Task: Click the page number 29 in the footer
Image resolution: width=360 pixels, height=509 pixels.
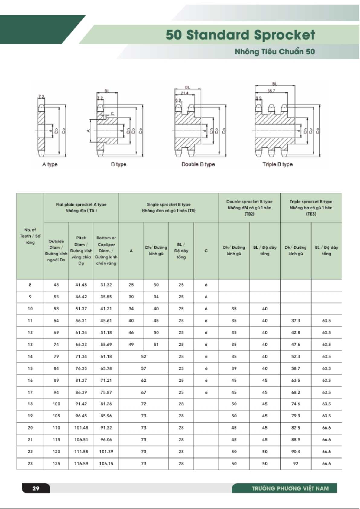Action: pos(36,488)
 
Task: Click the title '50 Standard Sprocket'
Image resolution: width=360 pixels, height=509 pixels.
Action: pos(240,35)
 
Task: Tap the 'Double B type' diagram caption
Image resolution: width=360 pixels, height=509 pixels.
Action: pos(198,164)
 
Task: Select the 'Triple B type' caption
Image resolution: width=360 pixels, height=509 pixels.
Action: pos(277,164)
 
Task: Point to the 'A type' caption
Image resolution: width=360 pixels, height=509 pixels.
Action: pos(50,164)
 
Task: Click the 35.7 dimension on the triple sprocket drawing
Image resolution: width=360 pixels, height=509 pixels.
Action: pos(271,91)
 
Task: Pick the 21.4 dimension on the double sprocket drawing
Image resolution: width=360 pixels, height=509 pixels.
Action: pos(184,93)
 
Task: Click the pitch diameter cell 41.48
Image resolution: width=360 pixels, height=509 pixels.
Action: pos(81,285)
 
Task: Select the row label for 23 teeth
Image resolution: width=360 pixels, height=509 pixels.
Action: pos(30,463)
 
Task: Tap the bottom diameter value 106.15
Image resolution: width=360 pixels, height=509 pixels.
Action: pos(106,463)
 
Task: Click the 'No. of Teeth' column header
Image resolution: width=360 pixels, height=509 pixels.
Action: pos(30,236)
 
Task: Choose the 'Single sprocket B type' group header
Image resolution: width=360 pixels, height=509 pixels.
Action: pos(169,207)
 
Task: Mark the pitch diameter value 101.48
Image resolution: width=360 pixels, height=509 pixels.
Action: pos(81,428)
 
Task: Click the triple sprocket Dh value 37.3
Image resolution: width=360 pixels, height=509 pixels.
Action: pos(296,320)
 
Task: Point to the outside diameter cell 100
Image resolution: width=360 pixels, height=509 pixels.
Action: pos(56,404)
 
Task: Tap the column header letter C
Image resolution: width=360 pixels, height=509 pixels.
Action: pos(206,251)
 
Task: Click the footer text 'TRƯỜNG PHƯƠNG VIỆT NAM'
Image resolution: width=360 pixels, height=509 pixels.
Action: pos(290,488)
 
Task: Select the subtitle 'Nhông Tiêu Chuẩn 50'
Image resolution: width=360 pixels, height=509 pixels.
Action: pos(275,52)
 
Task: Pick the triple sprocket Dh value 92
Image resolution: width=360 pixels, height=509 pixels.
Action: pos(296,463)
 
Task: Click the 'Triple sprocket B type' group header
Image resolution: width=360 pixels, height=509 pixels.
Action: pos(311,207)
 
